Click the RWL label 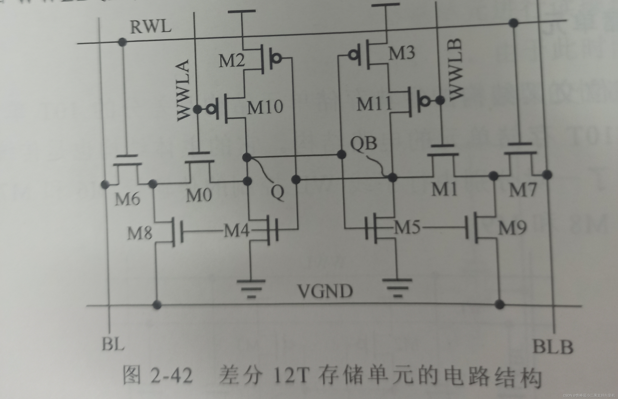pyautogui.click(x=151, y=27)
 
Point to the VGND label pyautogui.click(x=325, y=291)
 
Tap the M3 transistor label pyautogui.click(x=402, y=53)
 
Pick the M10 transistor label pyautogui.click(x=265, y=107)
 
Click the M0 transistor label pyautogui.click(x=199, y=195)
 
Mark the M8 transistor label pyautogui.click(x=140, y=233)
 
